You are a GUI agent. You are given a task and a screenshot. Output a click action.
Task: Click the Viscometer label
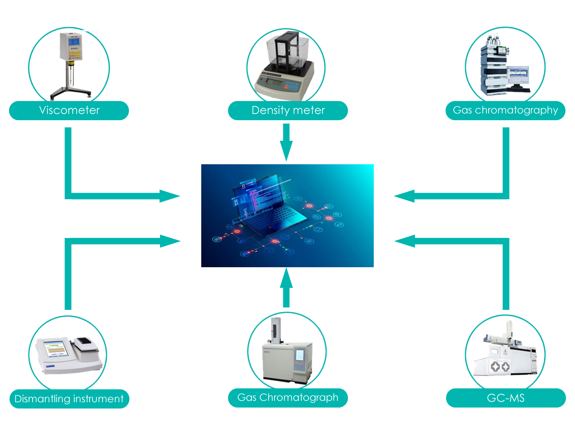click(x=69, y=111)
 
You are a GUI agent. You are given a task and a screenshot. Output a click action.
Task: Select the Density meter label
click(x=288, y=111)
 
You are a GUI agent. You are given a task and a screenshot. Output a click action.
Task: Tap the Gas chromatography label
click(x=506, y=111)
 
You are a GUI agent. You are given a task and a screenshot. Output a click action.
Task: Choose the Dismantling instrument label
click(x=69, y=398)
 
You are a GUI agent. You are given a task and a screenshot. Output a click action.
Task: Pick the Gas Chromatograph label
click(x=288, y=397)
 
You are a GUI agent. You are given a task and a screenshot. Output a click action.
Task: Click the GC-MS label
click(x=506, y=398)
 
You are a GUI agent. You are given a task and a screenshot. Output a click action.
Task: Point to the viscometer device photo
click(x=69, y=62)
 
